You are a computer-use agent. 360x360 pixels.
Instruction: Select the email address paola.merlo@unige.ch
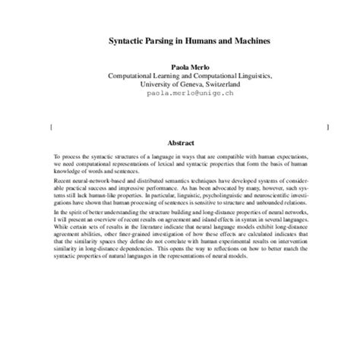click(x=180, y=96)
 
